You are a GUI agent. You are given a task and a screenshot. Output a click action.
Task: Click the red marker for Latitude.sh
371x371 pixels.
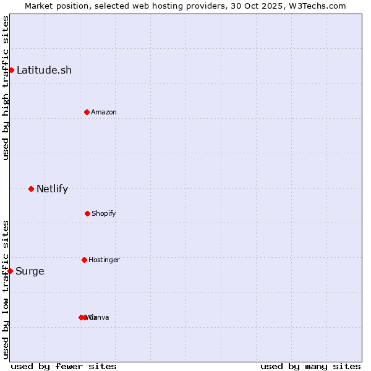(11, 70)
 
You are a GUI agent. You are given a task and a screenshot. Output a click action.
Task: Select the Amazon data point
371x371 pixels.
(87, 112)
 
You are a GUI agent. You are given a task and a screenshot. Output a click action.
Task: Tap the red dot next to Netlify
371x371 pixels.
(31, 189)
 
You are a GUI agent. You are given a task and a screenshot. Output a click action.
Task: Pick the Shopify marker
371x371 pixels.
(87, 213)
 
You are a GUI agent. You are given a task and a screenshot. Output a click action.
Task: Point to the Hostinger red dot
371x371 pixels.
(84, 260)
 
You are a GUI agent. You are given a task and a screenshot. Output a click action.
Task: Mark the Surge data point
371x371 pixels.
(10, 271)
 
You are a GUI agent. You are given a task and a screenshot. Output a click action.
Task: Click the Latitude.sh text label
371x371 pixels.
(44, 70)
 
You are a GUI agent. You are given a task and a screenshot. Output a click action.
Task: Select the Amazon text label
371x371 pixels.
(104, 112)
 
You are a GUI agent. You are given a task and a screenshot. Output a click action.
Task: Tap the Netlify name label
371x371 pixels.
(52, 189)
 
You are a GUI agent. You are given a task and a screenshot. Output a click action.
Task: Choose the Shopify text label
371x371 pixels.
(104, 213)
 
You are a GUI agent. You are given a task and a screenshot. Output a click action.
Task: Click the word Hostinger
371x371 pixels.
(104, 260)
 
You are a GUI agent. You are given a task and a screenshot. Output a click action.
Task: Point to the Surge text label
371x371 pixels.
(30, 271)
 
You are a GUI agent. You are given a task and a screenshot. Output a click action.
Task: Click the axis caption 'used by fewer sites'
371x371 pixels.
(64, 366)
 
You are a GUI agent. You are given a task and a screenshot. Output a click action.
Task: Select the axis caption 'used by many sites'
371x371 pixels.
(310, 366)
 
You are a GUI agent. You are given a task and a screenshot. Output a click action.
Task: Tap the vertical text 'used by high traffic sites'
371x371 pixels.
(6, 88)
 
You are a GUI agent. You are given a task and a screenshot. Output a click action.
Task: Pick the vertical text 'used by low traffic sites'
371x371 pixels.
(6, 289)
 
